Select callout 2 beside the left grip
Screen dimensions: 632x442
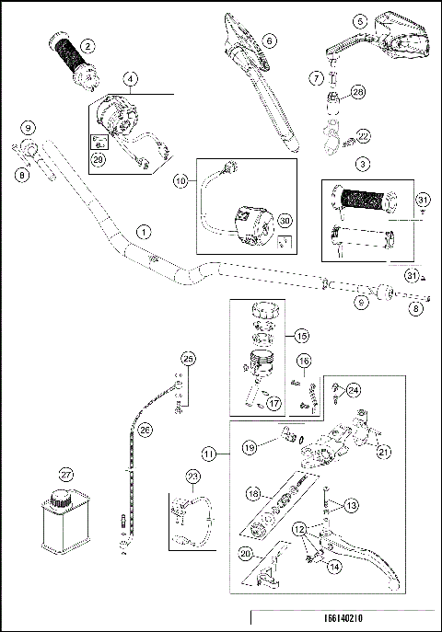(87, 45)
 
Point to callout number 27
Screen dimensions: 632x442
(65, 477)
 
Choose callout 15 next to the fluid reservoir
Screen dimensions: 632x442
(303, 337)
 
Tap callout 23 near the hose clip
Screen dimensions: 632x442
(192, 476)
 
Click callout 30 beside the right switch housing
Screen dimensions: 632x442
(284, 220)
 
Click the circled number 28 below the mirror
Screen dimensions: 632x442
(358, 91)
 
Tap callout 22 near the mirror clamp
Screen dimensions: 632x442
(363, 135)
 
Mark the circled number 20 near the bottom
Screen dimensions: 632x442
(244, 554)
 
